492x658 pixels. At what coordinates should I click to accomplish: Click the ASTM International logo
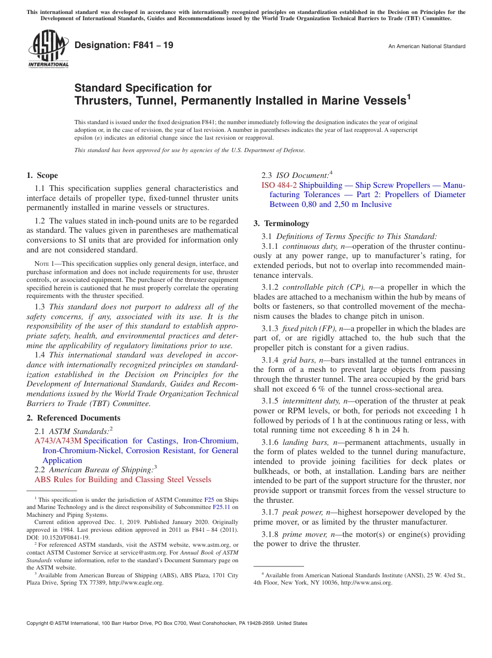[x=48, y=49]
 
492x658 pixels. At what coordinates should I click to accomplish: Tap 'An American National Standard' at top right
[x=427, y=47]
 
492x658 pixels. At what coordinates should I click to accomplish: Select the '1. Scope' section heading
[x=42, y=175]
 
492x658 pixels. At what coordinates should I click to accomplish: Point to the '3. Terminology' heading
[x=281, y=223]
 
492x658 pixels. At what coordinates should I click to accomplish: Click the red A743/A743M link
[x=57, y=441]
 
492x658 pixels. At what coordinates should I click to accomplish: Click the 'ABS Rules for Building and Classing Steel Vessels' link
[x=123, y=480]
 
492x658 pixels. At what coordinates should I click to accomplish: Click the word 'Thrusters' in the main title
[x=101, y=100]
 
